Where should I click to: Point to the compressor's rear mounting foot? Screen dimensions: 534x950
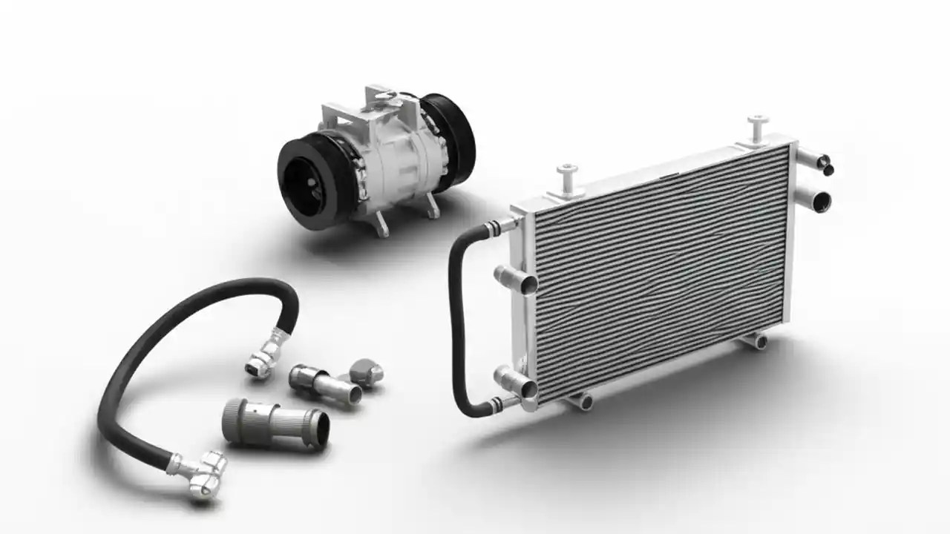click(x=431, y=208)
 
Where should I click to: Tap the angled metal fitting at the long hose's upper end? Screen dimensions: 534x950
click(x=266, y=354)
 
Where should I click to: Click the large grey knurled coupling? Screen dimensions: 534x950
click(x=275, y=423)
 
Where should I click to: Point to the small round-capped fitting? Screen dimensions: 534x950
click(x=367, y=371)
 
